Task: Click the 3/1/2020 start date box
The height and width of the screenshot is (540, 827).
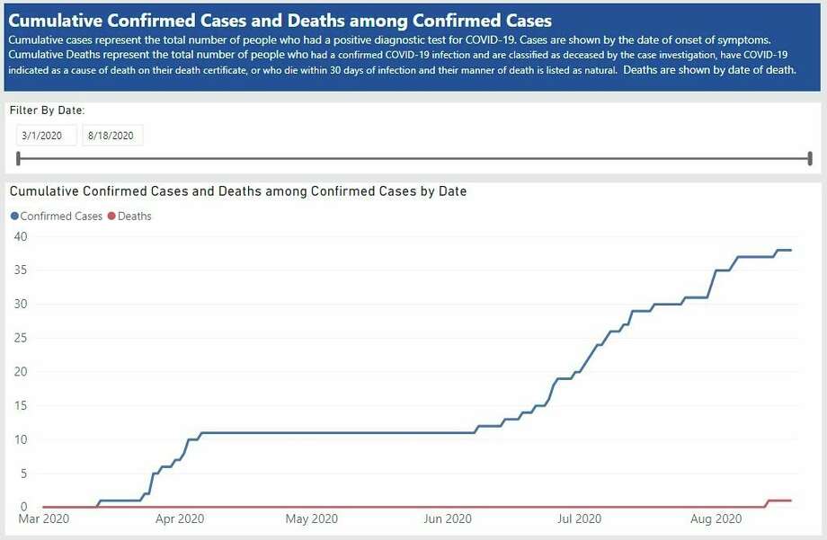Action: [45, 136]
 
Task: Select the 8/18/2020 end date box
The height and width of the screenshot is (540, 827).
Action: [111, 136]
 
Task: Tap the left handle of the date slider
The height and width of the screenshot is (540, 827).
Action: [19, 159]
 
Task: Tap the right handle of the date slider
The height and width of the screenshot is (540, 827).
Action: [810, 159]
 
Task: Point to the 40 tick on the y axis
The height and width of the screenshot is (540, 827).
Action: [20, 236]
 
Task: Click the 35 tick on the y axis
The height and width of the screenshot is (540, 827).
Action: [20, 270]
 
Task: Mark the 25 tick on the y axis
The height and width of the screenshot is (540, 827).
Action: [20, 338]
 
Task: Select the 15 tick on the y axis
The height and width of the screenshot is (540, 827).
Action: [20, 405]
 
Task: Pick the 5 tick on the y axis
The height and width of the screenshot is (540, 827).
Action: [23, 473]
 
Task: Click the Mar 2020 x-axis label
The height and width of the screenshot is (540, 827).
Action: [42, 519]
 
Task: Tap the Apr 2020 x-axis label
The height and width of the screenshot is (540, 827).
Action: [179, 519]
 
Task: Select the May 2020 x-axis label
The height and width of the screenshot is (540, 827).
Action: [311, 519]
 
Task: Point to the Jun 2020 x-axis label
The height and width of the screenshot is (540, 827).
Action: [447, 519]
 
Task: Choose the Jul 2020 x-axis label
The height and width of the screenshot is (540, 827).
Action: [579, 519]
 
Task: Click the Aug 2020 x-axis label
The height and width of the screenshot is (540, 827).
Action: [716, 519]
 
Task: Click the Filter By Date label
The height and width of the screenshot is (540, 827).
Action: [47, 111]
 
